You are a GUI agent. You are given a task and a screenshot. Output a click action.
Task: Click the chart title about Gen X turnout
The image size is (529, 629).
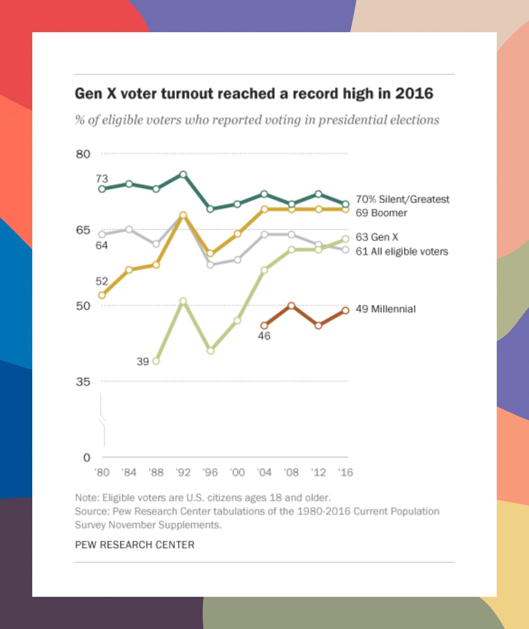pos(254,93)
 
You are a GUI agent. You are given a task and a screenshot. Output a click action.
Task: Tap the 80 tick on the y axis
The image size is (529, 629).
pos(83,154)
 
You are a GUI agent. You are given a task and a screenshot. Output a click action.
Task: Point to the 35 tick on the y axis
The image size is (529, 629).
pos(83,382)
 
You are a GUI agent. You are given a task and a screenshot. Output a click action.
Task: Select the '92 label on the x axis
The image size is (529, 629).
pos(183,473)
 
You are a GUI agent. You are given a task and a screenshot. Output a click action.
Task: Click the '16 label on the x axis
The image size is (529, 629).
pos(345,473)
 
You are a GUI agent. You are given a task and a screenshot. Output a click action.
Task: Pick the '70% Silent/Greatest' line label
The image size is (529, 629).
pos(402,199)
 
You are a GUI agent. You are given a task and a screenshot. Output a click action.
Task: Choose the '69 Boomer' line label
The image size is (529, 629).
pos(381,213)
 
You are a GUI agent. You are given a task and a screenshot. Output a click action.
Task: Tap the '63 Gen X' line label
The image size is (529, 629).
pos(377,237)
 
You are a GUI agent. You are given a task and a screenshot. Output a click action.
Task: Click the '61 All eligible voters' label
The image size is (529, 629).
pos(402,251)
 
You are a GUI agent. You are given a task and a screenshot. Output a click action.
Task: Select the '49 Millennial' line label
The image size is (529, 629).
pos(385,309)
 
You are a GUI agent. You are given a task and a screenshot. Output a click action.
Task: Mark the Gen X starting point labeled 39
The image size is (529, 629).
pos(156,361)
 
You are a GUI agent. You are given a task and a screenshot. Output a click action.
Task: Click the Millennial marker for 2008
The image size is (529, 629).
pos(291,306)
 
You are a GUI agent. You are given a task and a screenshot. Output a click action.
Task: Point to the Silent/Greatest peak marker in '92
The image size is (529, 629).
pos(183,174)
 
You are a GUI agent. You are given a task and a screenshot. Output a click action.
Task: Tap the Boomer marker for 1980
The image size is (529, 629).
pos(102,295)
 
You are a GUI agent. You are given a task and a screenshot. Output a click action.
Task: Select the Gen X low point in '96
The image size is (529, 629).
pos(210,351)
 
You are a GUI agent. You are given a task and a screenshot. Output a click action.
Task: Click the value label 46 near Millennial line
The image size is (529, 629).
pos(264,336)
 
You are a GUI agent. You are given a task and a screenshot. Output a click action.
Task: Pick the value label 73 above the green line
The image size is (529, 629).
pos(102,179)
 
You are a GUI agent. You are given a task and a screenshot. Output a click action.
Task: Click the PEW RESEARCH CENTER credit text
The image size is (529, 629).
pos(135,545)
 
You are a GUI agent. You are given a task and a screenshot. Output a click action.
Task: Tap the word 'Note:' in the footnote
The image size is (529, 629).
pos(87,497)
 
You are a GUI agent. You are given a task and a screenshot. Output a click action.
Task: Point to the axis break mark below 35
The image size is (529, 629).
pos(103,419)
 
